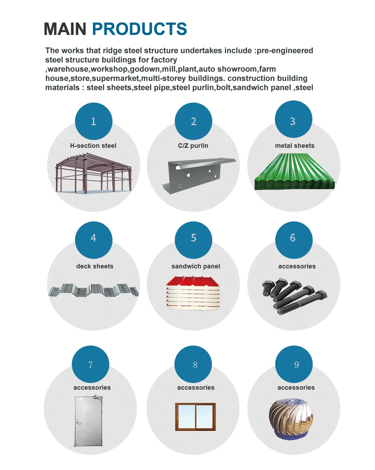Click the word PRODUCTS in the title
139,29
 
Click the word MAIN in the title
65,29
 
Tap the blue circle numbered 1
93,121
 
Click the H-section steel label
93,146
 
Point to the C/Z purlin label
193,146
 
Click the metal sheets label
294,146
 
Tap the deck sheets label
95,266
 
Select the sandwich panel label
196,266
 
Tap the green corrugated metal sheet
294,172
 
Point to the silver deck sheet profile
93,290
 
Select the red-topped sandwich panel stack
193,293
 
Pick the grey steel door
88,421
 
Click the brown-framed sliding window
195,417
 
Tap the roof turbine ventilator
291,418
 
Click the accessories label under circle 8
196,388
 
